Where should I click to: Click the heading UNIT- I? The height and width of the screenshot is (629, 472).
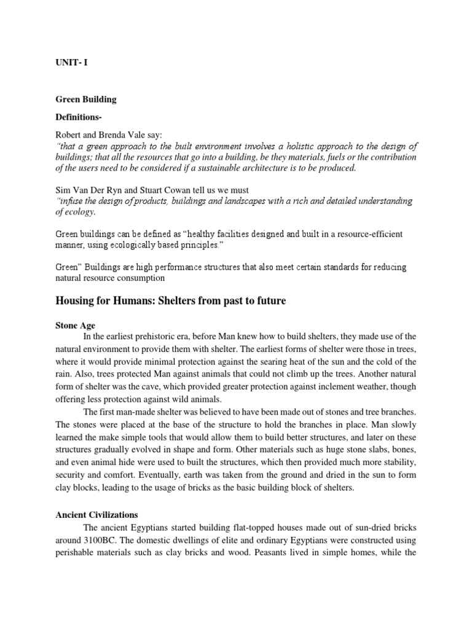click(x=71, y=62)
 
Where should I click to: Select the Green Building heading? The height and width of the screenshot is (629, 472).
click(x=86, y=99)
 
